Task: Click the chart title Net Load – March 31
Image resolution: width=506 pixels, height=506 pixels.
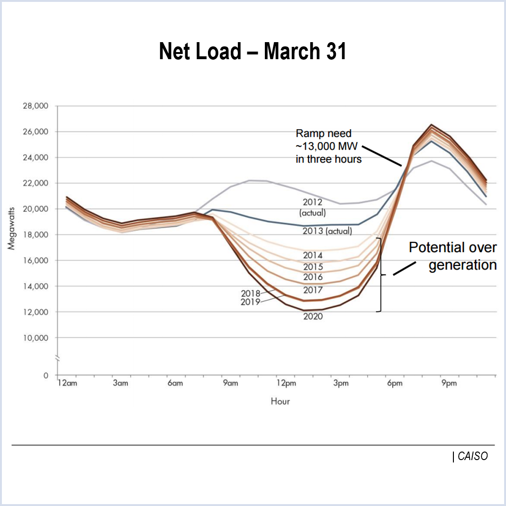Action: point(253,51)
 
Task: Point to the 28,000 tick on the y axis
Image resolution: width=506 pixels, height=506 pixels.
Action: point(35,106)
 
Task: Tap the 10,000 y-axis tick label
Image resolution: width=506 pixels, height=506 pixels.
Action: point(35,338)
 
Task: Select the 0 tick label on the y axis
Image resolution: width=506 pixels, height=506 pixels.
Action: point(45,375)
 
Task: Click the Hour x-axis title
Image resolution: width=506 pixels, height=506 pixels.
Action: point(280,401)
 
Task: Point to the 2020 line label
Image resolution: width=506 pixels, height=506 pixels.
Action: point(313,316)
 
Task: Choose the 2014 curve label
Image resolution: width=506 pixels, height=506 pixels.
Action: point(313,256)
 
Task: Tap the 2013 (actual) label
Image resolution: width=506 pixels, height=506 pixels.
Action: point(327,231)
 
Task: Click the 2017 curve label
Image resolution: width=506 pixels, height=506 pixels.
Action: point(313,290)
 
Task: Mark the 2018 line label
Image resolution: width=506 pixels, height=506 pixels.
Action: point(251,294)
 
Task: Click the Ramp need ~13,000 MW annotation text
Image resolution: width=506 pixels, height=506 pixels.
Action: point(328,146)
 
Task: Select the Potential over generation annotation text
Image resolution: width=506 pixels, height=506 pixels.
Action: point(452,256)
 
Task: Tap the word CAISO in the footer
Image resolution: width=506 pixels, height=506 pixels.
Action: point(472,456)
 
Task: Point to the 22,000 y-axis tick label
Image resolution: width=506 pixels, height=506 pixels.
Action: point(35,183)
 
